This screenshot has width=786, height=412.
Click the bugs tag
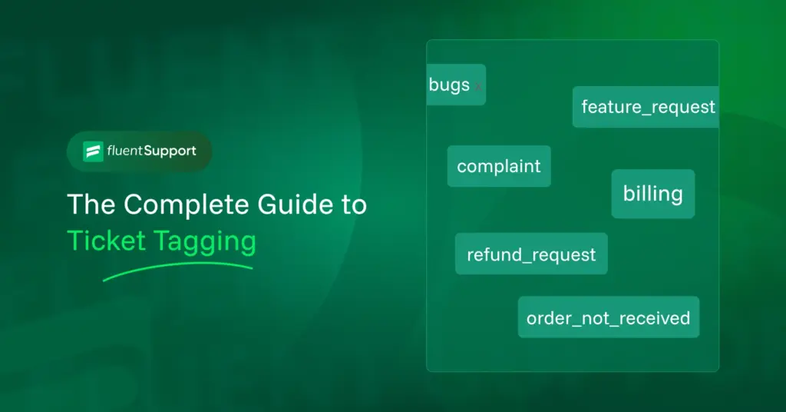[456, 85]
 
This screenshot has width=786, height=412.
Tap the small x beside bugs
[478, 86]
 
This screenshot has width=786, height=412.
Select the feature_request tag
[646, 107]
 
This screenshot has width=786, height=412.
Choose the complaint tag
[499, 166]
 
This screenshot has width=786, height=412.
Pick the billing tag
[653, 194]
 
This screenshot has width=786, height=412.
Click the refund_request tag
[531, 254]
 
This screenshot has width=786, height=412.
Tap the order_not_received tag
[609, 317]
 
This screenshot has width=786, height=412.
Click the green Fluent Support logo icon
[93, 151]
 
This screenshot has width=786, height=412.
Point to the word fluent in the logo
[125, 151]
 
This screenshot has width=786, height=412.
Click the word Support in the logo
[170, 151]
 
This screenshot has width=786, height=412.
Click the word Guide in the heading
[296, 204]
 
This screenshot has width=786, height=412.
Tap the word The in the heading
[91, 204]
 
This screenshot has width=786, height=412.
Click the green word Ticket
[106, 241]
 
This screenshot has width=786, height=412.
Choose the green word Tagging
[205, 242]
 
